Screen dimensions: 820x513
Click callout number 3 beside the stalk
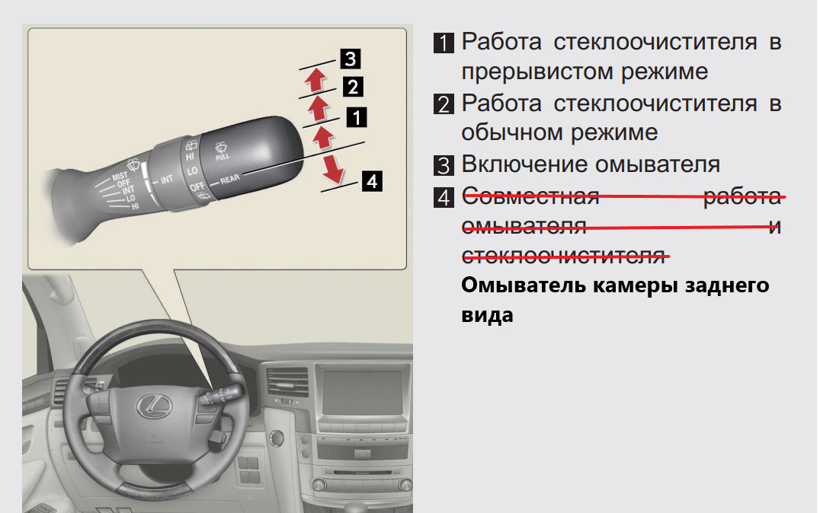pos(351,59)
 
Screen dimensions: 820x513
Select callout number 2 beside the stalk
pos(353,87)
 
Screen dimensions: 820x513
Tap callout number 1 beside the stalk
pos(357,117)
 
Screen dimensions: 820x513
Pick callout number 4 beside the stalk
pos(372,181)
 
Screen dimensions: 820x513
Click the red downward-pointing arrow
pos(332,168)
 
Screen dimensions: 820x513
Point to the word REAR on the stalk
pos(229,179)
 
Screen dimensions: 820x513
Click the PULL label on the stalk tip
pos(223,156)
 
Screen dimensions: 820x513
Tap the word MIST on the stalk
pos(119,177)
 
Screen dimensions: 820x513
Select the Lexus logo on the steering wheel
pos(154,406)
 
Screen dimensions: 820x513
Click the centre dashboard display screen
pos(363,393)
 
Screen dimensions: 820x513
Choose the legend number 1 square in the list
pos(444,43)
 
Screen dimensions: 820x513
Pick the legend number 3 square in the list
pos(444,165)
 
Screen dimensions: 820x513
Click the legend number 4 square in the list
pos(444,197)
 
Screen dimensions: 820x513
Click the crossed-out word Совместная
pos(531,197)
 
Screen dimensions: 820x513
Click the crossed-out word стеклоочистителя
pos(564,256)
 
